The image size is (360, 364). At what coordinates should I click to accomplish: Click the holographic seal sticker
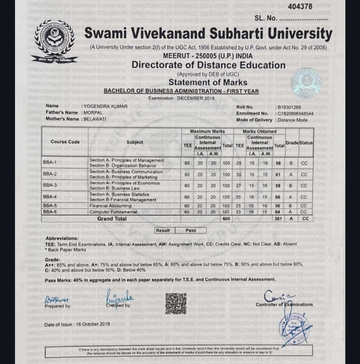click(306, 83)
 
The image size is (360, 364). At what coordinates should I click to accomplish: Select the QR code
click(176, 303)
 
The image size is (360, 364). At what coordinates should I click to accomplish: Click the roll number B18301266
click(289, 107)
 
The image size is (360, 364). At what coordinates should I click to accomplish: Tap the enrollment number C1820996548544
click(293, 113)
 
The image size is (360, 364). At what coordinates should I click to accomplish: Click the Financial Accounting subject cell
click(110, 206)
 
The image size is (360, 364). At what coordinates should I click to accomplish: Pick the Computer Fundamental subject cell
click(113, 212)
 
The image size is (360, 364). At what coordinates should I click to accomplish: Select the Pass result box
click(191, 230)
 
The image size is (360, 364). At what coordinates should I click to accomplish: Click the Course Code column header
click(65, 142)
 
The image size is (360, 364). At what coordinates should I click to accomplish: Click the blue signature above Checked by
click(119, 296)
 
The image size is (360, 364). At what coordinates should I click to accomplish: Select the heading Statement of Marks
click(208, 82)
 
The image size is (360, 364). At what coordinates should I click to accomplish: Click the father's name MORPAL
click(91, 113)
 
